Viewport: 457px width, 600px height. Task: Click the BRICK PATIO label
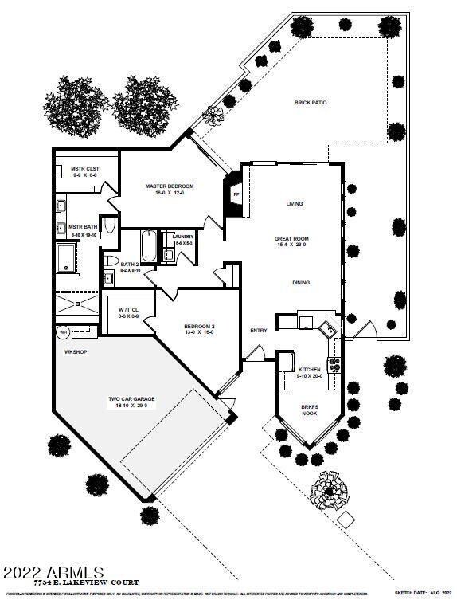311,103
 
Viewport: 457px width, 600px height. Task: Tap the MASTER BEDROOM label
170,186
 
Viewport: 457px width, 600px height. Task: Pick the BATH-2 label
131,264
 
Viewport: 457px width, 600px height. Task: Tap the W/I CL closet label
128,309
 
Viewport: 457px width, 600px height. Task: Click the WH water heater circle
63,331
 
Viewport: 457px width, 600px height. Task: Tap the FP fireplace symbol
236,194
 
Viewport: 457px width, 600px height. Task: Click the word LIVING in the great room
295,204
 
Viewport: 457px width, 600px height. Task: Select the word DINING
301,283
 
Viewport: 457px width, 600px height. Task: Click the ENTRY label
259,331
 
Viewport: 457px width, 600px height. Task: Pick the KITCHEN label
309,371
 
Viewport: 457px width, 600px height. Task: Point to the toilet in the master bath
111,225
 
